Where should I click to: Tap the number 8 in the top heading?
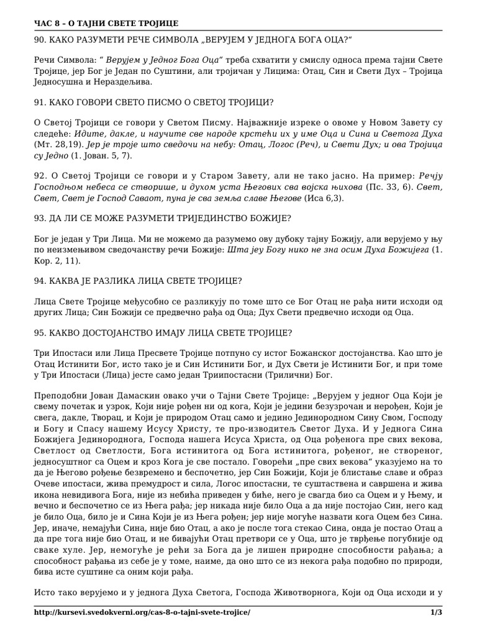pyautogui.click(x=57, y=24)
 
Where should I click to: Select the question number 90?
pyautogui.click(x=40, y=40)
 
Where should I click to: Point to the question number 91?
pyautogui.click(x=40, y=102)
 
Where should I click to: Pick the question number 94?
pyautogui.click(x=40, y=280)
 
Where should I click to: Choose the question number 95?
pyautogui.click(x=40, y=332)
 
